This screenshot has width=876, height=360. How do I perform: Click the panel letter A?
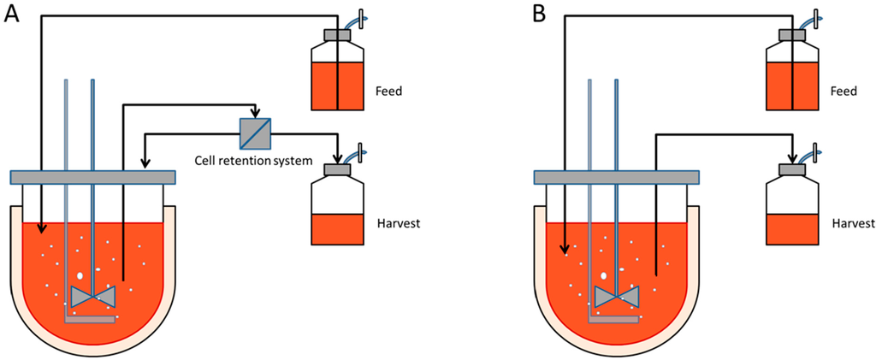tap(12, 15)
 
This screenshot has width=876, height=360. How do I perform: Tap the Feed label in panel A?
tap(389, 89)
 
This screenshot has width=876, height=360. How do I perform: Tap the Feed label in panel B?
tap(844, 89)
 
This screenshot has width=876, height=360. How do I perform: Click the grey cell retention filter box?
tap(255, 133)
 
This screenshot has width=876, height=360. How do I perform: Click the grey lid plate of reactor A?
tap(92, 177)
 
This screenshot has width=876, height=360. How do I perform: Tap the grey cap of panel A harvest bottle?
tap(339, 170)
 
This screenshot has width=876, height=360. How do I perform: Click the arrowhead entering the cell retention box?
tap(255, 114)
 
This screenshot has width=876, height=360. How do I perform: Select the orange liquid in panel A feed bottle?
tap(338, 86)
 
